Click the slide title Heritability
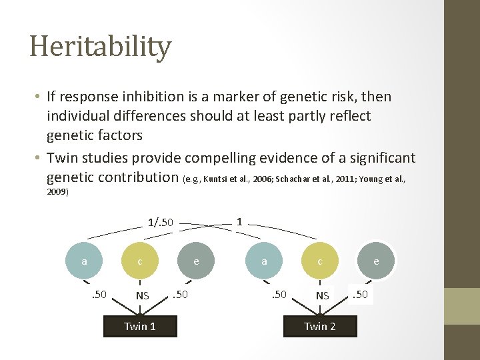(100, 47)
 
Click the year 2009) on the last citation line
(57, 192)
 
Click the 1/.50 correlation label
(160, 222)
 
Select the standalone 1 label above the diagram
(239, 221)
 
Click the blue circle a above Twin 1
(84, 262)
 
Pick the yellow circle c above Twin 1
(139, 262)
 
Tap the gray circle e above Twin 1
(196, 262)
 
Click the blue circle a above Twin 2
(264, 262)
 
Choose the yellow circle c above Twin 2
(320, 262)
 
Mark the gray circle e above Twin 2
(376, 262)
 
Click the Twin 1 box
(140, 326)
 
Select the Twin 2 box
(320, 326)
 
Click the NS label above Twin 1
(142, 295)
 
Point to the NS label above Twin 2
(322, 295)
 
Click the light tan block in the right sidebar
(462, 306)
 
